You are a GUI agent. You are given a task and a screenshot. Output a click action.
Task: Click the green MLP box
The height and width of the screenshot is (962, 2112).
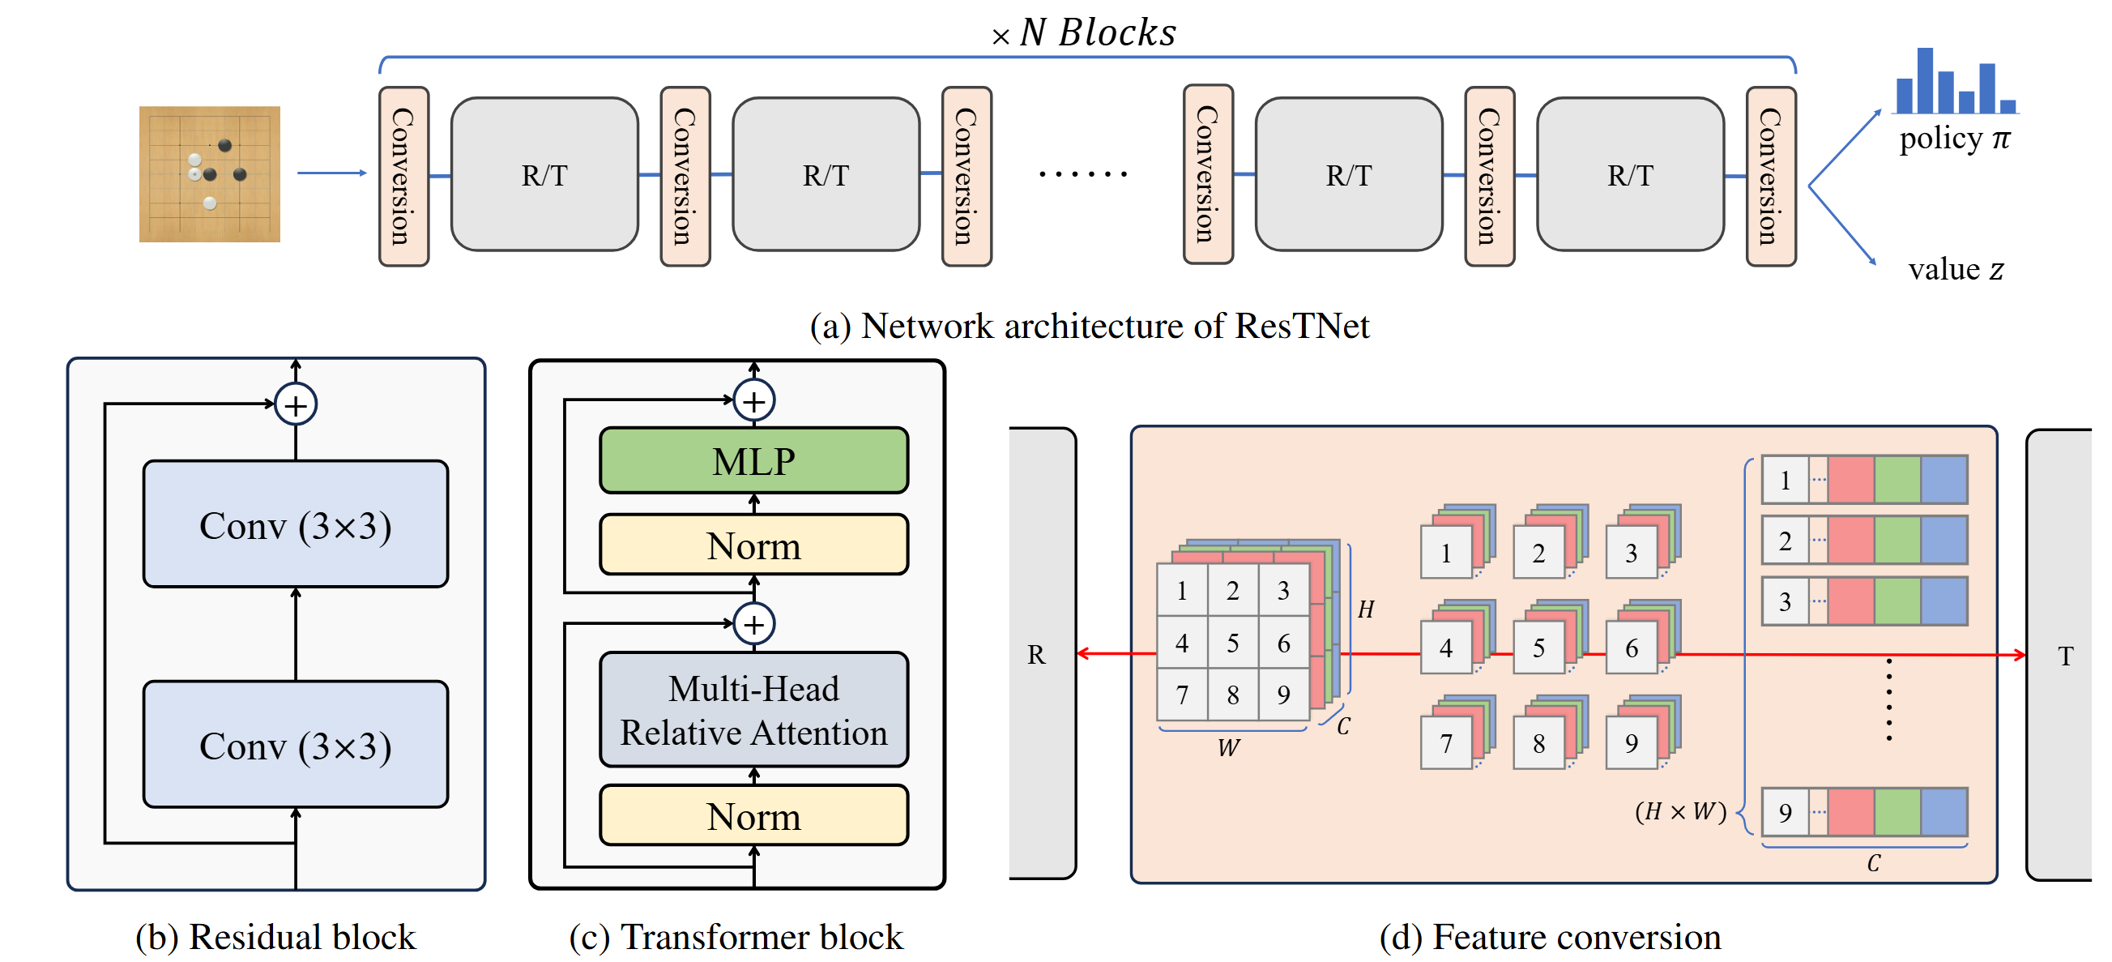pyautogui.click(x=753, y=461)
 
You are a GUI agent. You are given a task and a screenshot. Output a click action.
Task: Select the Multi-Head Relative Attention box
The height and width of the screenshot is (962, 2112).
pyautogui.click(x=753, y=710)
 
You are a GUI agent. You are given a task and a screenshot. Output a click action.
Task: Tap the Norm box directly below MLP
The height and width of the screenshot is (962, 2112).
pyautogui.click(x=753, y=545)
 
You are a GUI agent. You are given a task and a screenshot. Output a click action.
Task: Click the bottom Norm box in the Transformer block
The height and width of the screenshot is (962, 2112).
pyautogui.click(x=753, y=816)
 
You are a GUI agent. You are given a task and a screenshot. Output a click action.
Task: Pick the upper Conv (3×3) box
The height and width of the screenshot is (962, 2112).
pyautogui.click(x=295, y=525)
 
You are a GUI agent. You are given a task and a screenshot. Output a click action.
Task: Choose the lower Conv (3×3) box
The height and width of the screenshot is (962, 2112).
pyautogui.click(x=295, y=745)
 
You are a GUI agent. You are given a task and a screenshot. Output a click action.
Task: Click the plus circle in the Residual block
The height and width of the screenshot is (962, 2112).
pyautogui.click(x=295, y=404)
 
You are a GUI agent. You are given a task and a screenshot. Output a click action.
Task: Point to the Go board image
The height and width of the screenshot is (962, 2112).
pyautogui.click(x=209, y=174)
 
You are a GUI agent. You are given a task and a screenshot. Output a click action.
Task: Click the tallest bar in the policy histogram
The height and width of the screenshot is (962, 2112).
pyautogui.click(x=1924, y=80)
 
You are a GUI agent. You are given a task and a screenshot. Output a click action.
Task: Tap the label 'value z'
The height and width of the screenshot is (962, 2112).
pyautogui.click(x=1956, y=269)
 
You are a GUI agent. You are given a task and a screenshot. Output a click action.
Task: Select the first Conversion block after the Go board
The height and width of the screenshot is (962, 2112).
pyautogui.click(x=403, y=177)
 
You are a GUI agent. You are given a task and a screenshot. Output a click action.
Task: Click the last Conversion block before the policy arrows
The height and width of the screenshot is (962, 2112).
pyautogui.click(x=1770, y=177)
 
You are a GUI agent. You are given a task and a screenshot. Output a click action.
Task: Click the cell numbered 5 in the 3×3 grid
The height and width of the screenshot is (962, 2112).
pyautogui.click(x=1232, y=643)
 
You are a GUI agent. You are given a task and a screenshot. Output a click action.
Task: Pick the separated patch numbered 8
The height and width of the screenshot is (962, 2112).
pyautogui.click(x=1538, y=743)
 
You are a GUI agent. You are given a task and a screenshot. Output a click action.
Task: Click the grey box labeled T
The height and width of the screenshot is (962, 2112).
pyautogui.click(x=2062, y=655)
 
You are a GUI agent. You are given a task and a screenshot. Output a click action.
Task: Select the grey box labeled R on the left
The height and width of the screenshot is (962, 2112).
pyautogui.click(x=1039, y=655)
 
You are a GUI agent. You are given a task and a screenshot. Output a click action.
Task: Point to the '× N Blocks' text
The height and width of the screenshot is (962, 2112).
pyautogui.click(x=1084, y=32)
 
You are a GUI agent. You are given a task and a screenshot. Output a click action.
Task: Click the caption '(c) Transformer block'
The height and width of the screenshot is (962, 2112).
pyautogui.click(x=736, y=937)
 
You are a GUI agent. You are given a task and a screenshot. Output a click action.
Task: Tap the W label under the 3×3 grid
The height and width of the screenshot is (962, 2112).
pyautogui.click(x=1228, y=748)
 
